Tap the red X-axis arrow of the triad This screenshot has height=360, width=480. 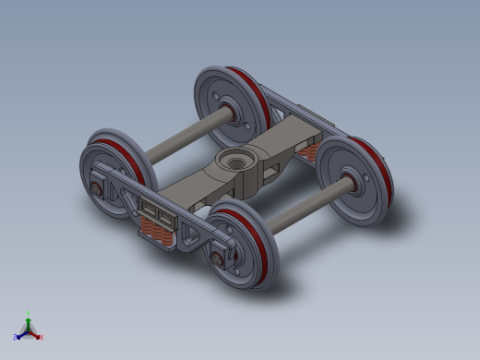tap(35, 334)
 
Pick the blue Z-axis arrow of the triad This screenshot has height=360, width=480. tap(21, 334)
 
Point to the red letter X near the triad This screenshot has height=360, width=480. tap(41, 338)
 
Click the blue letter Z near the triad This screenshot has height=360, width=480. tap(16, 338)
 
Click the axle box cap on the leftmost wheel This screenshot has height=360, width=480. tap(97, 191)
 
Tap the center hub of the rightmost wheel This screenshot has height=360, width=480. tap(352, 182)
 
